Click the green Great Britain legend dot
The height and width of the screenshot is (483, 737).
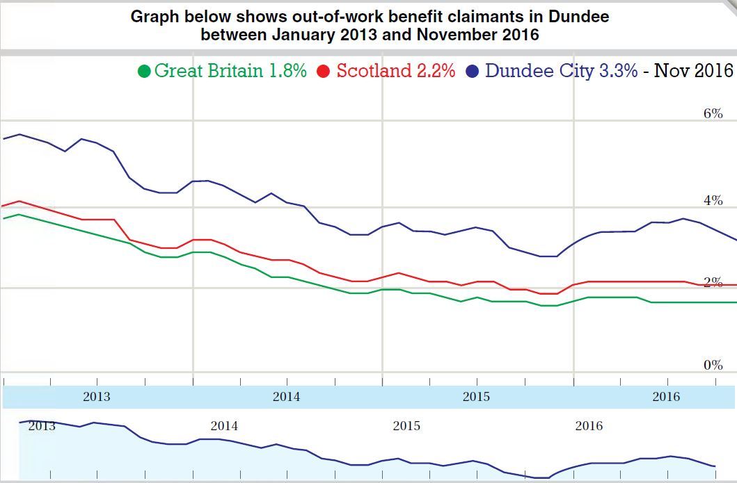coord(145,72)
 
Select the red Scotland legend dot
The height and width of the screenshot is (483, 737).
coord(323,72)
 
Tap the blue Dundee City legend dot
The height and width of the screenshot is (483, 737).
coord(473,72)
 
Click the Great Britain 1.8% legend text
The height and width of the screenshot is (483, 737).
coord(230,70)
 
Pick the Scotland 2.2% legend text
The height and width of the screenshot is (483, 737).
coord(396,70)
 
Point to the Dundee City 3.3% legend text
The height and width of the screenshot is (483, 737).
coord(561,70)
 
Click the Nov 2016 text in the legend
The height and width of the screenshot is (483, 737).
coord(693,70)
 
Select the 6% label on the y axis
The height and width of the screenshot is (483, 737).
coord(713,113)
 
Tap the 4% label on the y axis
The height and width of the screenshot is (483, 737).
coord(713,201)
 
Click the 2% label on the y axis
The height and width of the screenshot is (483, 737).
coord(713,282)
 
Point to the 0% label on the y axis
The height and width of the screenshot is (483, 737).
coord(713,365)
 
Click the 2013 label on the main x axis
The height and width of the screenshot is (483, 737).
coord(96,398)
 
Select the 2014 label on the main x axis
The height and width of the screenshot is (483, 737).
coord(286,398)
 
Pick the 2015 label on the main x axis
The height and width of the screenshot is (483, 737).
coord(476,398)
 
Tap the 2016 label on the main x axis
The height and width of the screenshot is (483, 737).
coord(666,398)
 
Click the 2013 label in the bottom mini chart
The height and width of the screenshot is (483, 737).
coord(42,426)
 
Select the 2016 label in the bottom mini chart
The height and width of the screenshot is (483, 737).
coord(589,426)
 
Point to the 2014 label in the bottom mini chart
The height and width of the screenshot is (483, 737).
coord(224,426)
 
